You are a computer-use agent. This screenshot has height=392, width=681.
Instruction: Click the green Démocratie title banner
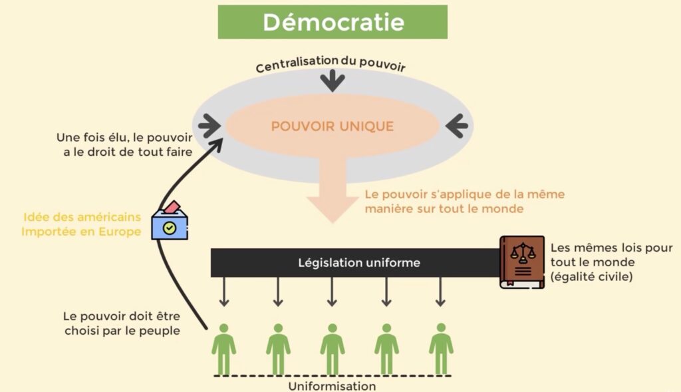[333, 22]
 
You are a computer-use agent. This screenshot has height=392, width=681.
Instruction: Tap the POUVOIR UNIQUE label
[333, 126]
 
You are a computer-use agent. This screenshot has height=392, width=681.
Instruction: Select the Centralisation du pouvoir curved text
[331, 64]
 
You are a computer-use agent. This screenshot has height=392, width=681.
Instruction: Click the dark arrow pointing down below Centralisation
[333, 81]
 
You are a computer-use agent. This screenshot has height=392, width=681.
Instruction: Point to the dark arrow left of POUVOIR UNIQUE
[209, 126]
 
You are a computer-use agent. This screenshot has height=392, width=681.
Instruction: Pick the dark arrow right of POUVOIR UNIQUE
[456, 126]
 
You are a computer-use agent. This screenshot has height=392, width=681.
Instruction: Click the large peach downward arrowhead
[333, 209]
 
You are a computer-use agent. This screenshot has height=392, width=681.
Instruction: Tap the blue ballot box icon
[170, 221]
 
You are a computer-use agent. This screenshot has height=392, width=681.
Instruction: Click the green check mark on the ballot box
[170, 228]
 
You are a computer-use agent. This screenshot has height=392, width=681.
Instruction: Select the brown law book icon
[522, 262]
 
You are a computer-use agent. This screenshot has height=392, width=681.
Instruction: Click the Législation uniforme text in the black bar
[359, 262]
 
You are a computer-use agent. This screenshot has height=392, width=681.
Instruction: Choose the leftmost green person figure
[224, 349]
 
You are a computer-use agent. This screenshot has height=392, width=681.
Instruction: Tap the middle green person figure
[333, 349]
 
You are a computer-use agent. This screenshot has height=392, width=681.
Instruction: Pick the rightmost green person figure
[442, 349]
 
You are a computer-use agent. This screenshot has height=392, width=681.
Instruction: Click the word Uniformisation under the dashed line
[333, 386]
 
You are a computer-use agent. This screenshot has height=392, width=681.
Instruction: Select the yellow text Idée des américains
[82, 217]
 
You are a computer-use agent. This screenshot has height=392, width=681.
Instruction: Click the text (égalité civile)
[591, 276]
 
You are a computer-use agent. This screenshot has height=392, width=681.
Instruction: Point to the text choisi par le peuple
[122, 331]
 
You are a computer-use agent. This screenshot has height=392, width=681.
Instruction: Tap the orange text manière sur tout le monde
[444, 208]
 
